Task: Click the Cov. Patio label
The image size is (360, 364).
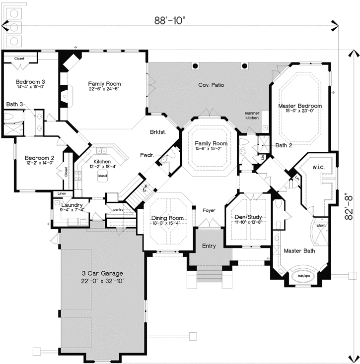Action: tap(211, 85)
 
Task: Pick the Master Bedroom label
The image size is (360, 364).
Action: tap(299, 106)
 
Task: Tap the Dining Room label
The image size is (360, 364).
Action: tap(167, 218)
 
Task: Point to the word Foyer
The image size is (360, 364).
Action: tap(209, 210)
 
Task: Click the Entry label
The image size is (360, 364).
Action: tap(209, 245)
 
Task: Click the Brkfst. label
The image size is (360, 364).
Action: tap(157, 132)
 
